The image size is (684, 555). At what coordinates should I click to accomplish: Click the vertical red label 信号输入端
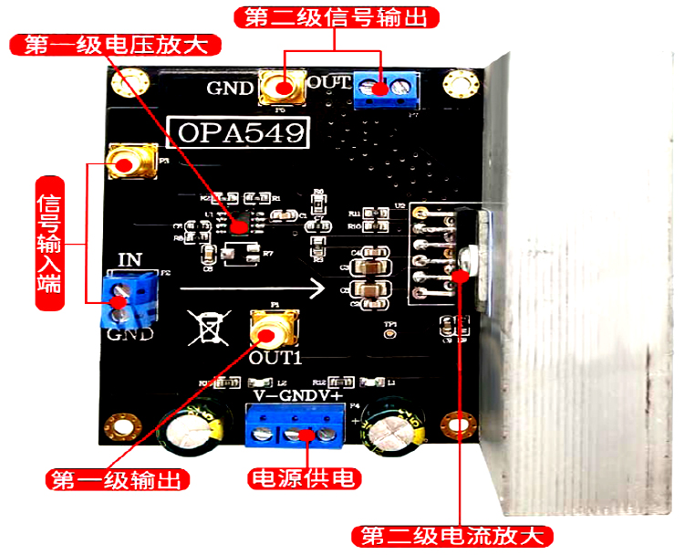click(47, 241)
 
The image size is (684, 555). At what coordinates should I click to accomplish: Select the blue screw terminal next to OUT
click(385, 89)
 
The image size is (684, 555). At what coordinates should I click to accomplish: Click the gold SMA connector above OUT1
click(273, 326)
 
